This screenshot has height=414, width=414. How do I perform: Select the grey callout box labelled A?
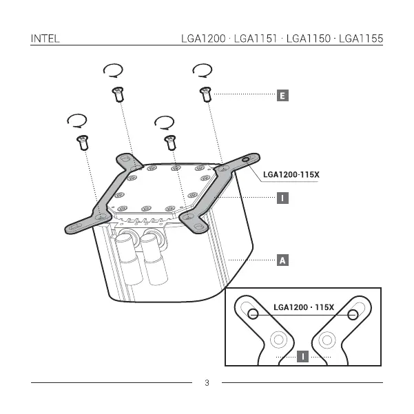pos(282,260)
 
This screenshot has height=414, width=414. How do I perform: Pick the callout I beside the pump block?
pos(282,198)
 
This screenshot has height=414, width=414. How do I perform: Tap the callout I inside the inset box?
pos(302,356)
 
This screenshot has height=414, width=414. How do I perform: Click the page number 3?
pos(207,383)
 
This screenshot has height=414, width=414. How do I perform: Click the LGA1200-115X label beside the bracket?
pos(291,174)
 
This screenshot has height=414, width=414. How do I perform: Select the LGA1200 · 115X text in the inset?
pos(304,307)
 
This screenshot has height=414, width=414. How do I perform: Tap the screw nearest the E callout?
pos(205,94)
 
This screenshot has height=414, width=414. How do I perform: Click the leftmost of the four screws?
pos(83,143)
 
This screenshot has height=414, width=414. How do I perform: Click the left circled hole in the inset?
pos(253,314)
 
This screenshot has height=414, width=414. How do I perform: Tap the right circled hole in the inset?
pos(353,314)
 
